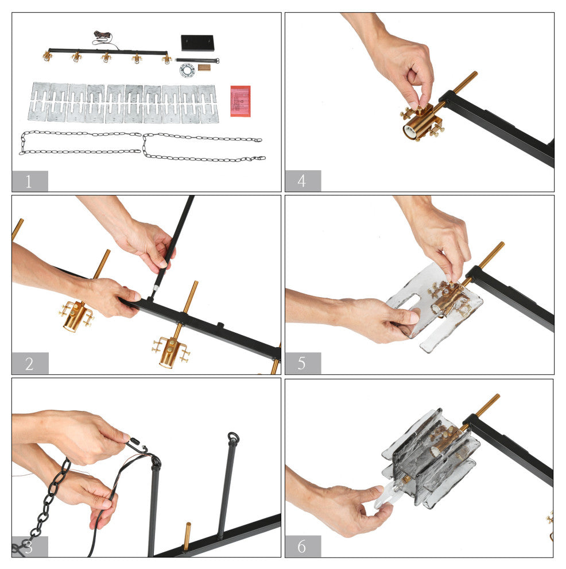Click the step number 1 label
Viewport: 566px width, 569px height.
click(29, 181)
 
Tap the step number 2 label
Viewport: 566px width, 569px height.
click(29, 364)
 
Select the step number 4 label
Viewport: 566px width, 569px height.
click(301, 180)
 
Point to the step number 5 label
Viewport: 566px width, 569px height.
click(301, 363)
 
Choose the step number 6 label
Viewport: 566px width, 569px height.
click(301, 547)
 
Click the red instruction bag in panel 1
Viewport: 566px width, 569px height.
click(241, 101)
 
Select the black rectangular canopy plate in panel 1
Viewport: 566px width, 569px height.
click(197, 43)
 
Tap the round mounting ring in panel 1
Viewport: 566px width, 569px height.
click(187, 70)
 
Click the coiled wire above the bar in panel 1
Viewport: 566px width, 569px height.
click(103, 36)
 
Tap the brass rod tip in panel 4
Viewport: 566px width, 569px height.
click(474, 74)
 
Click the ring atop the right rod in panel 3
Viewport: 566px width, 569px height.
click(233, 437)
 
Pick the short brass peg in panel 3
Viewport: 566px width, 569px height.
click(187, 536)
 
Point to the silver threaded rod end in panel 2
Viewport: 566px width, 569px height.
click(155, 289)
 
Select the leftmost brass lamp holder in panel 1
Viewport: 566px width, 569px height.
click(46, 56)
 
